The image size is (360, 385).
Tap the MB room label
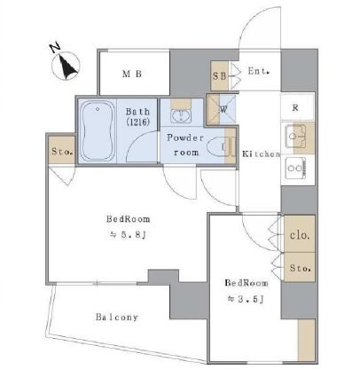click(132, 74)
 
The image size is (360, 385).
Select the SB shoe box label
click(220, 76)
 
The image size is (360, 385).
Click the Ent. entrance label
click(258, 71)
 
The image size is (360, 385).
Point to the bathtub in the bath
click(98, 130)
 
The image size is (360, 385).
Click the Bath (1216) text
click(138, 116)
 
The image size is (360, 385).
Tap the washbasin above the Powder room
click(181, 115)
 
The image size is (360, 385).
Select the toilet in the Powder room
click(217, 147)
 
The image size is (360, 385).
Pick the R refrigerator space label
click(295, 108)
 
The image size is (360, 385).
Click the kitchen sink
click(295, 137)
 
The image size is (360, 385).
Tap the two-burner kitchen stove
click(295, 168)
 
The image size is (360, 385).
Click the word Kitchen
click(262, 154)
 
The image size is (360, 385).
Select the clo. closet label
click(300, 235)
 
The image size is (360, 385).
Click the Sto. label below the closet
click(300, 268)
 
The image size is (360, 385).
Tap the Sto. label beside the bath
click(62, 152)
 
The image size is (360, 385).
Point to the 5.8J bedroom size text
click(128, 235)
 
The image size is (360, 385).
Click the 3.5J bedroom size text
click(245, 299)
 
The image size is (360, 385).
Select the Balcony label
click(117, 318)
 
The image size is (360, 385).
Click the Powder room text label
click(185, 145)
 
